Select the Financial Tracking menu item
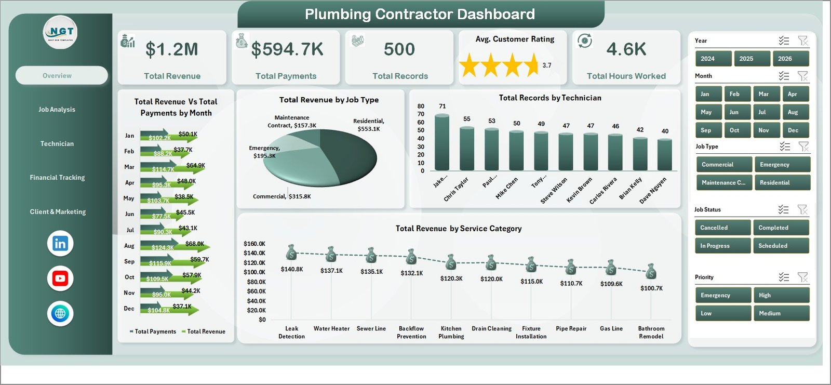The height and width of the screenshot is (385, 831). point(57,178)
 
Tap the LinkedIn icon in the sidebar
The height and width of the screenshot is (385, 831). point(60,243)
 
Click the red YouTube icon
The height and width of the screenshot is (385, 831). point(60,278)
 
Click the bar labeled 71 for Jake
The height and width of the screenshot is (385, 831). point(442,143)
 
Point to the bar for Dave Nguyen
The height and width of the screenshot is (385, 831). point(664,154)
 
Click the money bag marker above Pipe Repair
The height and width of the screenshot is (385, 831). point(571,267)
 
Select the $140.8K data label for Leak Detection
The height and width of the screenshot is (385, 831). point(291,269)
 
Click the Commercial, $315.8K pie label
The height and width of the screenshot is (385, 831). point(282,196)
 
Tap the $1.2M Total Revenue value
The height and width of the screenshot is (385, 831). point(172,49)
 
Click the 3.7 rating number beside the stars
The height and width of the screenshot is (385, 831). point(546,65)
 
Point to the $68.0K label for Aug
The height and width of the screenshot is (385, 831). point(194,244)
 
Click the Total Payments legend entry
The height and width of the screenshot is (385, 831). point(155,331)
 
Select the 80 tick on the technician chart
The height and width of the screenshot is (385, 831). point(421,106)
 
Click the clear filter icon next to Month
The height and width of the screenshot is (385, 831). point(802,76)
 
